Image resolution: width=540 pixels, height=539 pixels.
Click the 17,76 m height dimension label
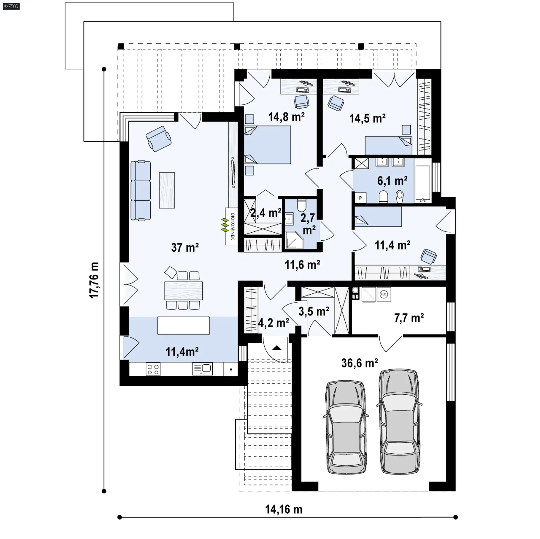(x=94, y=280)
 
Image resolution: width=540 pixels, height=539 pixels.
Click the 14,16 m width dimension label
(x=284, y=509)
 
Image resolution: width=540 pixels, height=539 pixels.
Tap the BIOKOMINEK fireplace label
(x=233, y=226)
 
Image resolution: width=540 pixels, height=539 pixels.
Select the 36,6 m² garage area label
(x=359, y=363)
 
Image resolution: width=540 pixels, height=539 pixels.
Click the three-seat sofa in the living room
(x=141, y=190)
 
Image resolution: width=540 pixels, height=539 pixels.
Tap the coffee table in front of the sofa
(x=167, y=190)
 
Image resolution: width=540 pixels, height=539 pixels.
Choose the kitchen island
(x=183, y=325)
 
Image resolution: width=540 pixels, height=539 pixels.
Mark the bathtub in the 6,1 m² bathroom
(x=423, y=184)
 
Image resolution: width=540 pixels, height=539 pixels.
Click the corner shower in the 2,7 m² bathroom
(x=294, y=240)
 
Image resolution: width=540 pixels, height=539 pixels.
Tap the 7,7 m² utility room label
(x=409, y=318)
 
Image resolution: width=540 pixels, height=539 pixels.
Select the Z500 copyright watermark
(x=11, y=6)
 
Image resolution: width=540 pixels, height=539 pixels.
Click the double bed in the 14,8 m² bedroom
(x=267, y=145)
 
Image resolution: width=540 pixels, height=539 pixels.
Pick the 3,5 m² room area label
(x=314, y=311)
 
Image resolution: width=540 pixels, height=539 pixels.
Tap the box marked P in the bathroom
(x=360, y=198)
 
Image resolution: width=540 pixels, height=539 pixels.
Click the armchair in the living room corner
(x=159, y=139)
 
